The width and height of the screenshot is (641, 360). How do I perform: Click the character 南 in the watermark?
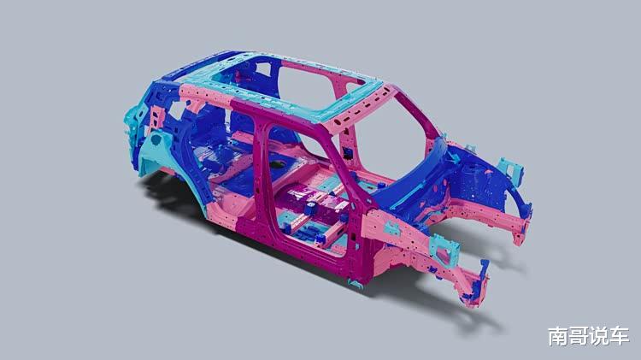click(557, 336)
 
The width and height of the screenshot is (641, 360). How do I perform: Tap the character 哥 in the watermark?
click(578, 336)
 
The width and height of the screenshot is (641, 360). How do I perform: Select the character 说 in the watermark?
click(598, 336)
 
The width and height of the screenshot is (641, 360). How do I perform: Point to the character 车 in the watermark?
click(619, 336)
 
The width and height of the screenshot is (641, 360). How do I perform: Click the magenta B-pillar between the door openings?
click(259, 172)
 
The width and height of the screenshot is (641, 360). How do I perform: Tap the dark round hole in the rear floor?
click(277, 164)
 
